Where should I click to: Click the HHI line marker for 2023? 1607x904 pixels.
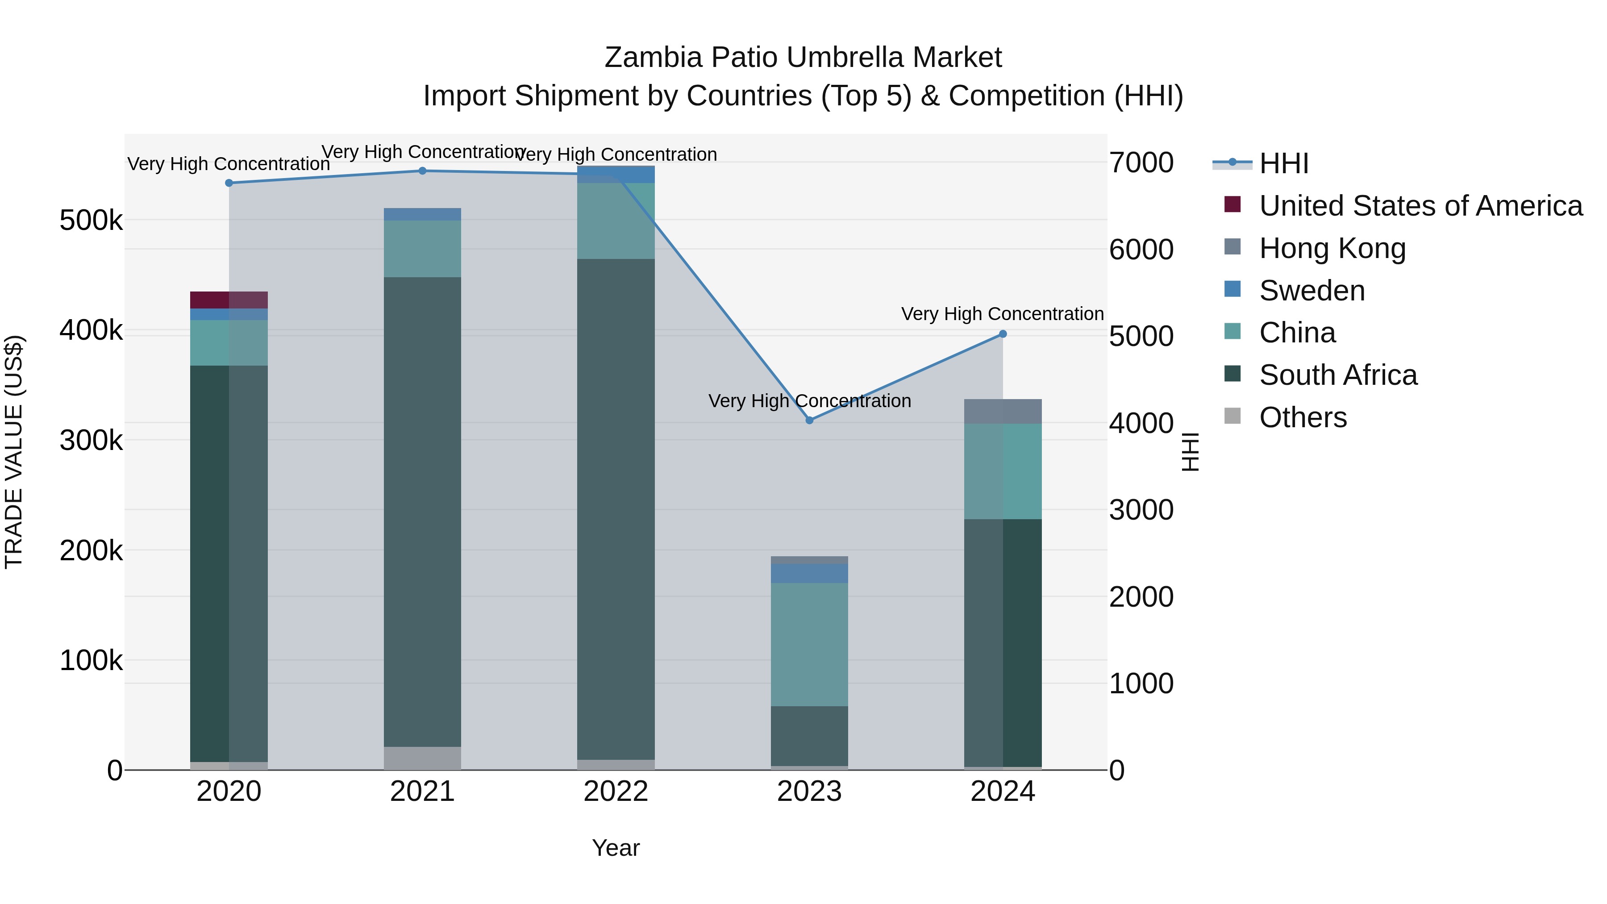[809, 421]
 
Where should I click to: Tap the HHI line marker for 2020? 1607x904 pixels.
[229, 183]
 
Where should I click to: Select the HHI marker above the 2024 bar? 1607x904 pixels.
[1003, 334]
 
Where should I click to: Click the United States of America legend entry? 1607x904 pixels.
[1420, 206]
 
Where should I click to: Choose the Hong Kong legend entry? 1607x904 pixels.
[1332, 248]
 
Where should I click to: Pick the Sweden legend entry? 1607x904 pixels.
[1311, 291]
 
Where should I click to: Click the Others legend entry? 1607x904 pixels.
[1303, 417]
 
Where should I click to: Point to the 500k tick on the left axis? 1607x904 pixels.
[91, 220]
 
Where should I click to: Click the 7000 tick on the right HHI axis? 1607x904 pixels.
[1141, 163]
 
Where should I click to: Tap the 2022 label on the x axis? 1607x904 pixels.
[616, 792]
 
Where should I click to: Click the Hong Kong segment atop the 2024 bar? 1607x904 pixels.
[1003, 411]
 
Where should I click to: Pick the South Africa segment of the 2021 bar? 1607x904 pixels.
[422, 512]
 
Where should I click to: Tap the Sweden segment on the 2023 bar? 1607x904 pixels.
[809, 573]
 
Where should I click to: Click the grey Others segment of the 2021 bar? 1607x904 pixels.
[422, 758]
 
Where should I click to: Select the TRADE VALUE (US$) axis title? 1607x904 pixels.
[14, 452]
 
